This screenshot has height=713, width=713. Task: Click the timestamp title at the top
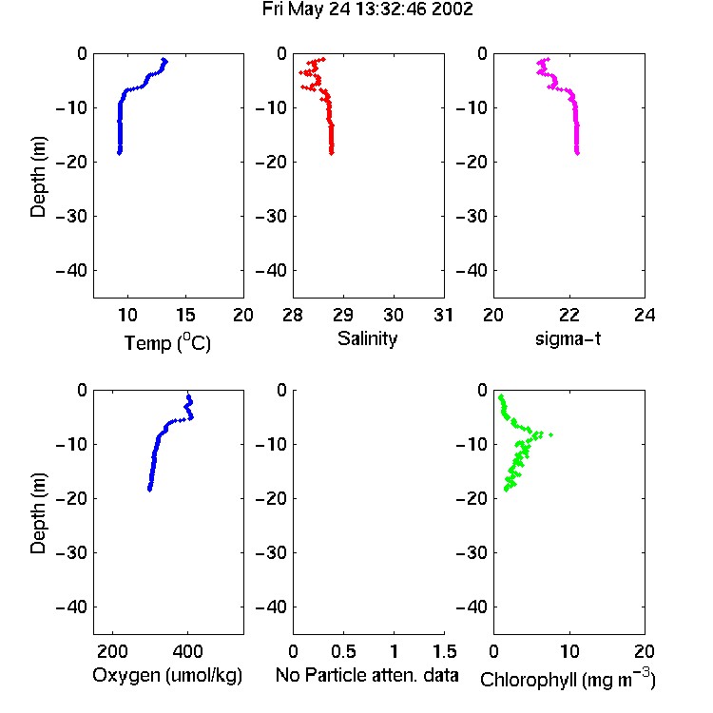[x=367, y=10]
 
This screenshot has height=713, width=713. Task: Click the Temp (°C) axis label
[x=167, y=342]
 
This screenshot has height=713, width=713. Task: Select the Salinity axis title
[x=367, y=338]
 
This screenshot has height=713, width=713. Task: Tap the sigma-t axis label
[x=568, y=338]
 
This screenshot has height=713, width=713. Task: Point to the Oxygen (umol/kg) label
[x=167, y=675]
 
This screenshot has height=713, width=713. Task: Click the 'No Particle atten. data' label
[x=367, y=675]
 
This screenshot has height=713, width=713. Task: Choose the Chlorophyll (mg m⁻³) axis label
[x=568, y=679]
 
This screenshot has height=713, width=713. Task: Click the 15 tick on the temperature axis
[x=185, y=315]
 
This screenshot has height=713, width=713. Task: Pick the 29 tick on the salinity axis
[x=343, y=315]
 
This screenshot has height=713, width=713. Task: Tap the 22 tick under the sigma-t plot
[x=568, y=315]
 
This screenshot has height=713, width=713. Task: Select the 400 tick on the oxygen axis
[x=187, y=651]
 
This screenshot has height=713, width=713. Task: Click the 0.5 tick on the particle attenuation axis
[x=343, y=651]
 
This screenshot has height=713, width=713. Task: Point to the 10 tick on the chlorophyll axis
[x=568, y=651]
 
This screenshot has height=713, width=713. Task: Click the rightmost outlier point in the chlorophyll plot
[x=550, y=434]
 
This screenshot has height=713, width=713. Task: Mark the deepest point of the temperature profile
[x=120, y=153]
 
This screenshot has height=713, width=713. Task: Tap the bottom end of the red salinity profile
[x=332, y=153]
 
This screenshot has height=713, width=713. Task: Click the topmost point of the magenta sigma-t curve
[x=548, y=59]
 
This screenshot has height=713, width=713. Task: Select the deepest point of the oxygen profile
[x=149, y=490]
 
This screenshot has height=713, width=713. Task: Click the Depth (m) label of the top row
[x=38, y=177]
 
